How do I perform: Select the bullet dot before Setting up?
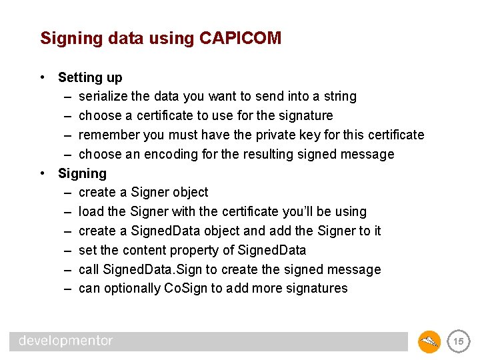(43, 77)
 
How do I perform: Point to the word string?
(340, 97)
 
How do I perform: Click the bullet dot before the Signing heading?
(43, 173)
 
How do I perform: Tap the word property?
(190, 251)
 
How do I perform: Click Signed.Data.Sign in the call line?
(147, 270)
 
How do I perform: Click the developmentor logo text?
(66, 341)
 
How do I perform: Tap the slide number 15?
(458, 342)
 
